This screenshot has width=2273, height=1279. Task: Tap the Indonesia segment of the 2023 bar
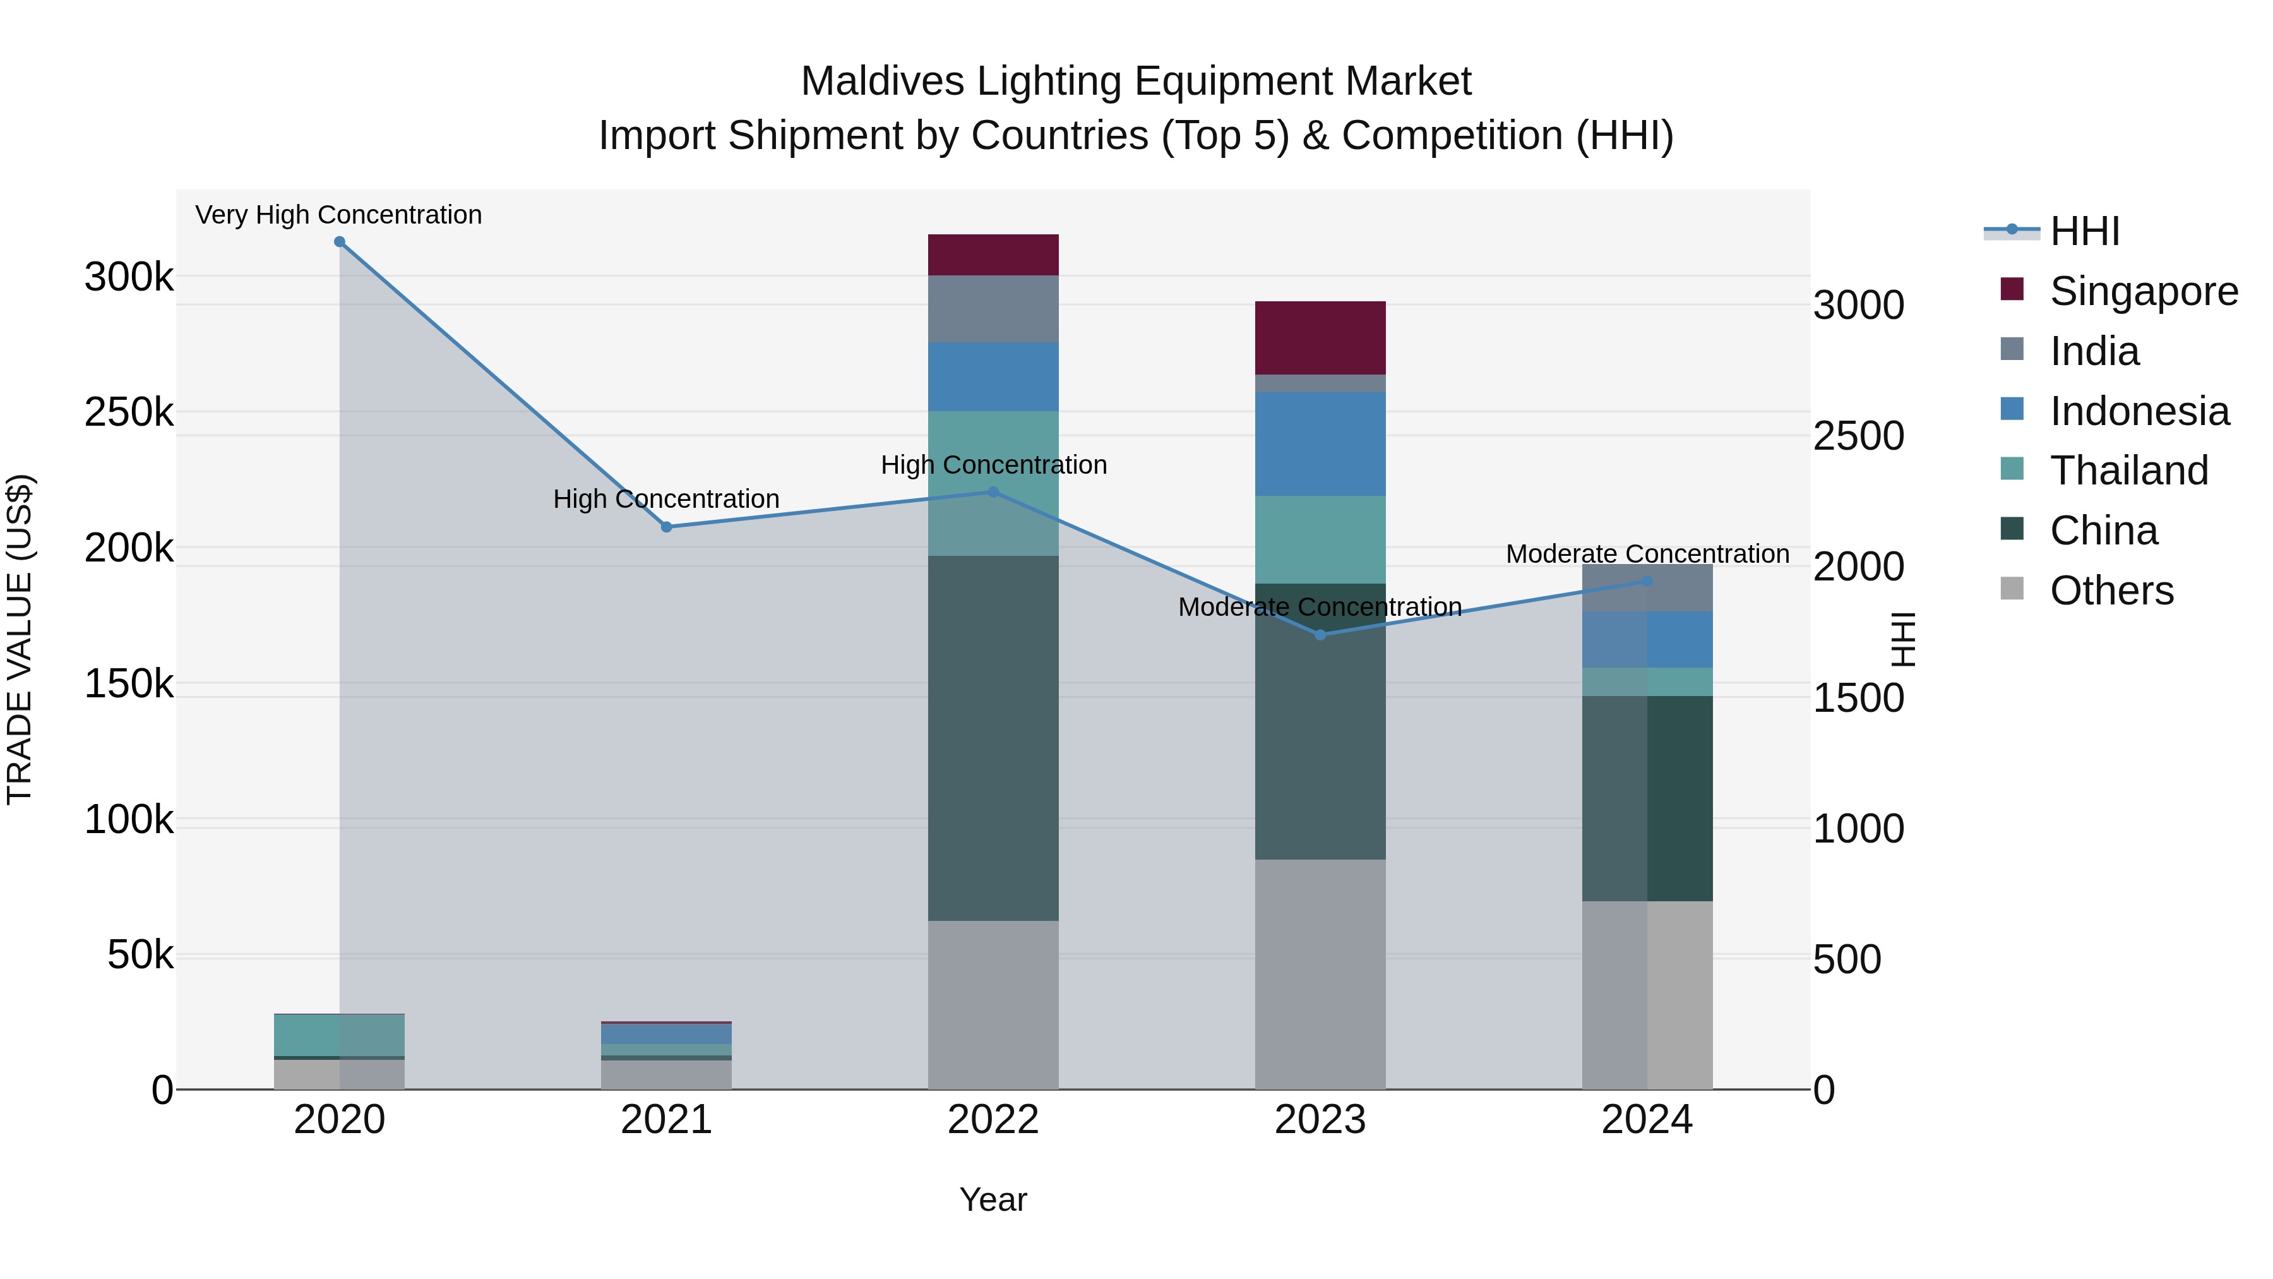pyautogui.click(x=1320, y=443)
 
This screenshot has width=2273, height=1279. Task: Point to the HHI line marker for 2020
pyautogui.click(x=340, y=242)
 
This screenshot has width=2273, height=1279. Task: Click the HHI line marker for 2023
pyautogui.click(x=1320, y=635)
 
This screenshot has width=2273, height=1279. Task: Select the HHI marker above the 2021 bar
pyautogui.click(x=666, y=527)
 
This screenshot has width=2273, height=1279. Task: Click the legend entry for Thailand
pyautogui.click(x=2128, y=471)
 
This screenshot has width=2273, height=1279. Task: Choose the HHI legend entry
pyautogui.click(x=2084, y=231)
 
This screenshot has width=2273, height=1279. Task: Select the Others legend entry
pyautogui.click(x=2111, y=591)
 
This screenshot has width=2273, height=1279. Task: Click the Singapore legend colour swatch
pyautogui.click(x=2012, y=289)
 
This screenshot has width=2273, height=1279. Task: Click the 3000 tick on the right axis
pyautogui.click(x=1858, y=306)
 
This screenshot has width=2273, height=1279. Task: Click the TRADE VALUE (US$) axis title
pyautogui.click(x=20, y=639)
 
